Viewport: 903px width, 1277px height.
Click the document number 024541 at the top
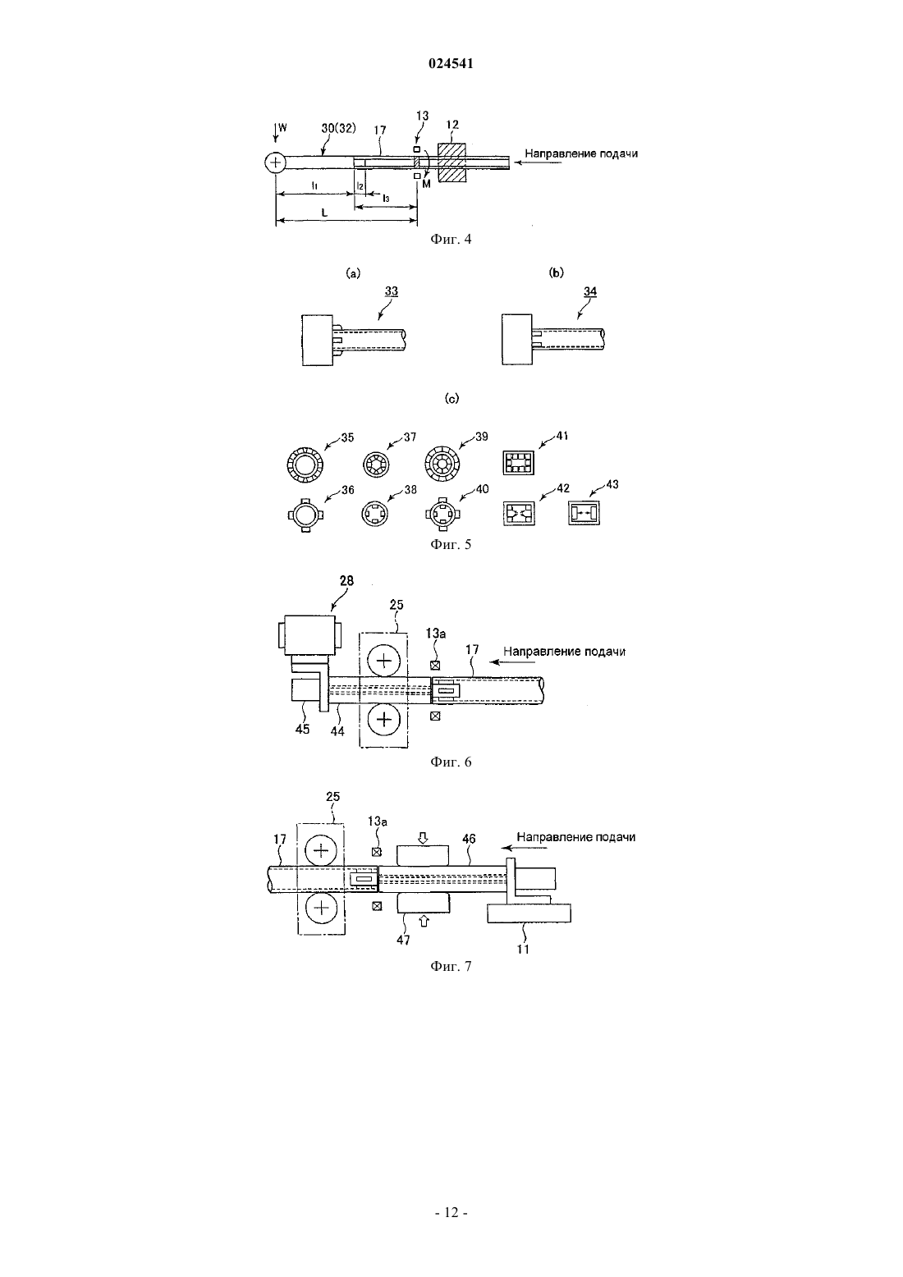click(451, 63)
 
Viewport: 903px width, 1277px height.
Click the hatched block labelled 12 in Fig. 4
click(452, 162)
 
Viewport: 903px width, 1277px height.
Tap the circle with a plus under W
click(275, 162)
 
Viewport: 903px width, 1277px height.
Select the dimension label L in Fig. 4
click(323, 213)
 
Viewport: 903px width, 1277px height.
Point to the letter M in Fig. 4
click(426, 184)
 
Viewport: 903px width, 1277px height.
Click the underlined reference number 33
click(391, 291)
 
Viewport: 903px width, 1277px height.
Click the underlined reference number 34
click(590, 291)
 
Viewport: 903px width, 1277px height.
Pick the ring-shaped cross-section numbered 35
click(305, 464)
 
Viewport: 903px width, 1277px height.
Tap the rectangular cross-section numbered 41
click(519, 462)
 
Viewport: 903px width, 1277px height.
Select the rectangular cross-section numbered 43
click(584, 513)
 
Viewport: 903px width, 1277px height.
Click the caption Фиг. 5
click(451, 544)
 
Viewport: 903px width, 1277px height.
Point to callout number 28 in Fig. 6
click(346, 580)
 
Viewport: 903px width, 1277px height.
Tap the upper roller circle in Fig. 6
click(384, 660)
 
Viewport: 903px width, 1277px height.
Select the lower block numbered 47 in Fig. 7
click(423, 903)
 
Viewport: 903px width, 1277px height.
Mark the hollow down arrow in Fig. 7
click(423, 837)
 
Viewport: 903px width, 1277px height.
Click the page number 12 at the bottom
click(451, 1212)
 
